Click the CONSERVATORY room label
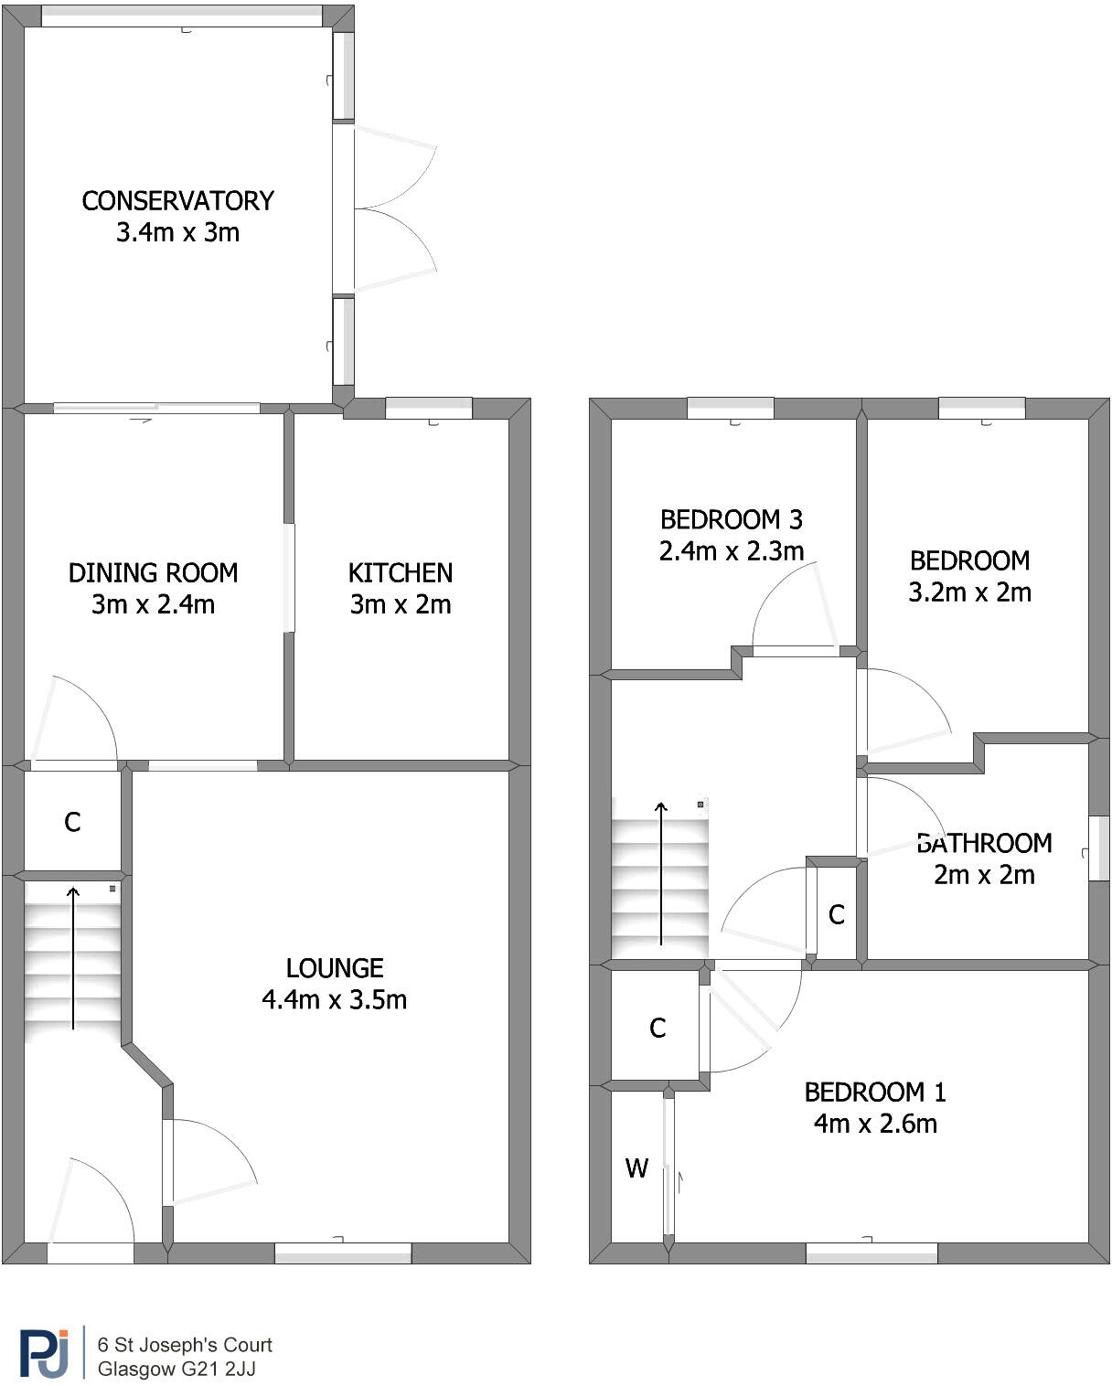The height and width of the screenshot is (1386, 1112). click(177, 200)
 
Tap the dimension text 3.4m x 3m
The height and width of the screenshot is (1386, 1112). click(177, 232)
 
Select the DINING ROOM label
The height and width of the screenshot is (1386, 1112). click(153, 573)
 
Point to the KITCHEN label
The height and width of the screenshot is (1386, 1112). click(401, 573)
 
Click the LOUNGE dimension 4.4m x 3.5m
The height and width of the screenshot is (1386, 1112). click(334, 999)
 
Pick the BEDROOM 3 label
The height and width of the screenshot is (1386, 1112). click(731, 519)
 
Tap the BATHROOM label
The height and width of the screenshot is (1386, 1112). click(984, 843)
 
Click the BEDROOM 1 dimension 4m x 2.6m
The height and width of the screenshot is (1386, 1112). click(875, 1124)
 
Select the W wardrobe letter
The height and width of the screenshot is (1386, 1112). click(636, 1167)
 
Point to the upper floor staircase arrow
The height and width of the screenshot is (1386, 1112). click(661, 873)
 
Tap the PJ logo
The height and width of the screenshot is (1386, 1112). click(45, 1353)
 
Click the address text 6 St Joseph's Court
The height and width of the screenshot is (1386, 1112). click(185, 1345)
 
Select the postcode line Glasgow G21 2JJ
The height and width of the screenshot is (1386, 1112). click(176, 1370)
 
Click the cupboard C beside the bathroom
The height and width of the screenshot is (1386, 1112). click(836, 914)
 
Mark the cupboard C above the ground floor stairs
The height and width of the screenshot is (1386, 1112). click(72, 822)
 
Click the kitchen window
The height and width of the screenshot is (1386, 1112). click(428, 409)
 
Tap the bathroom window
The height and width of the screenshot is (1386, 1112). click(1098, 848)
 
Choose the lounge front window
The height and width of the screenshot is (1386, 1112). click(343, 1253)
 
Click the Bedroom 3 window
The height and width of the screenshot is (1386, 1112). click(730, 409)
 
